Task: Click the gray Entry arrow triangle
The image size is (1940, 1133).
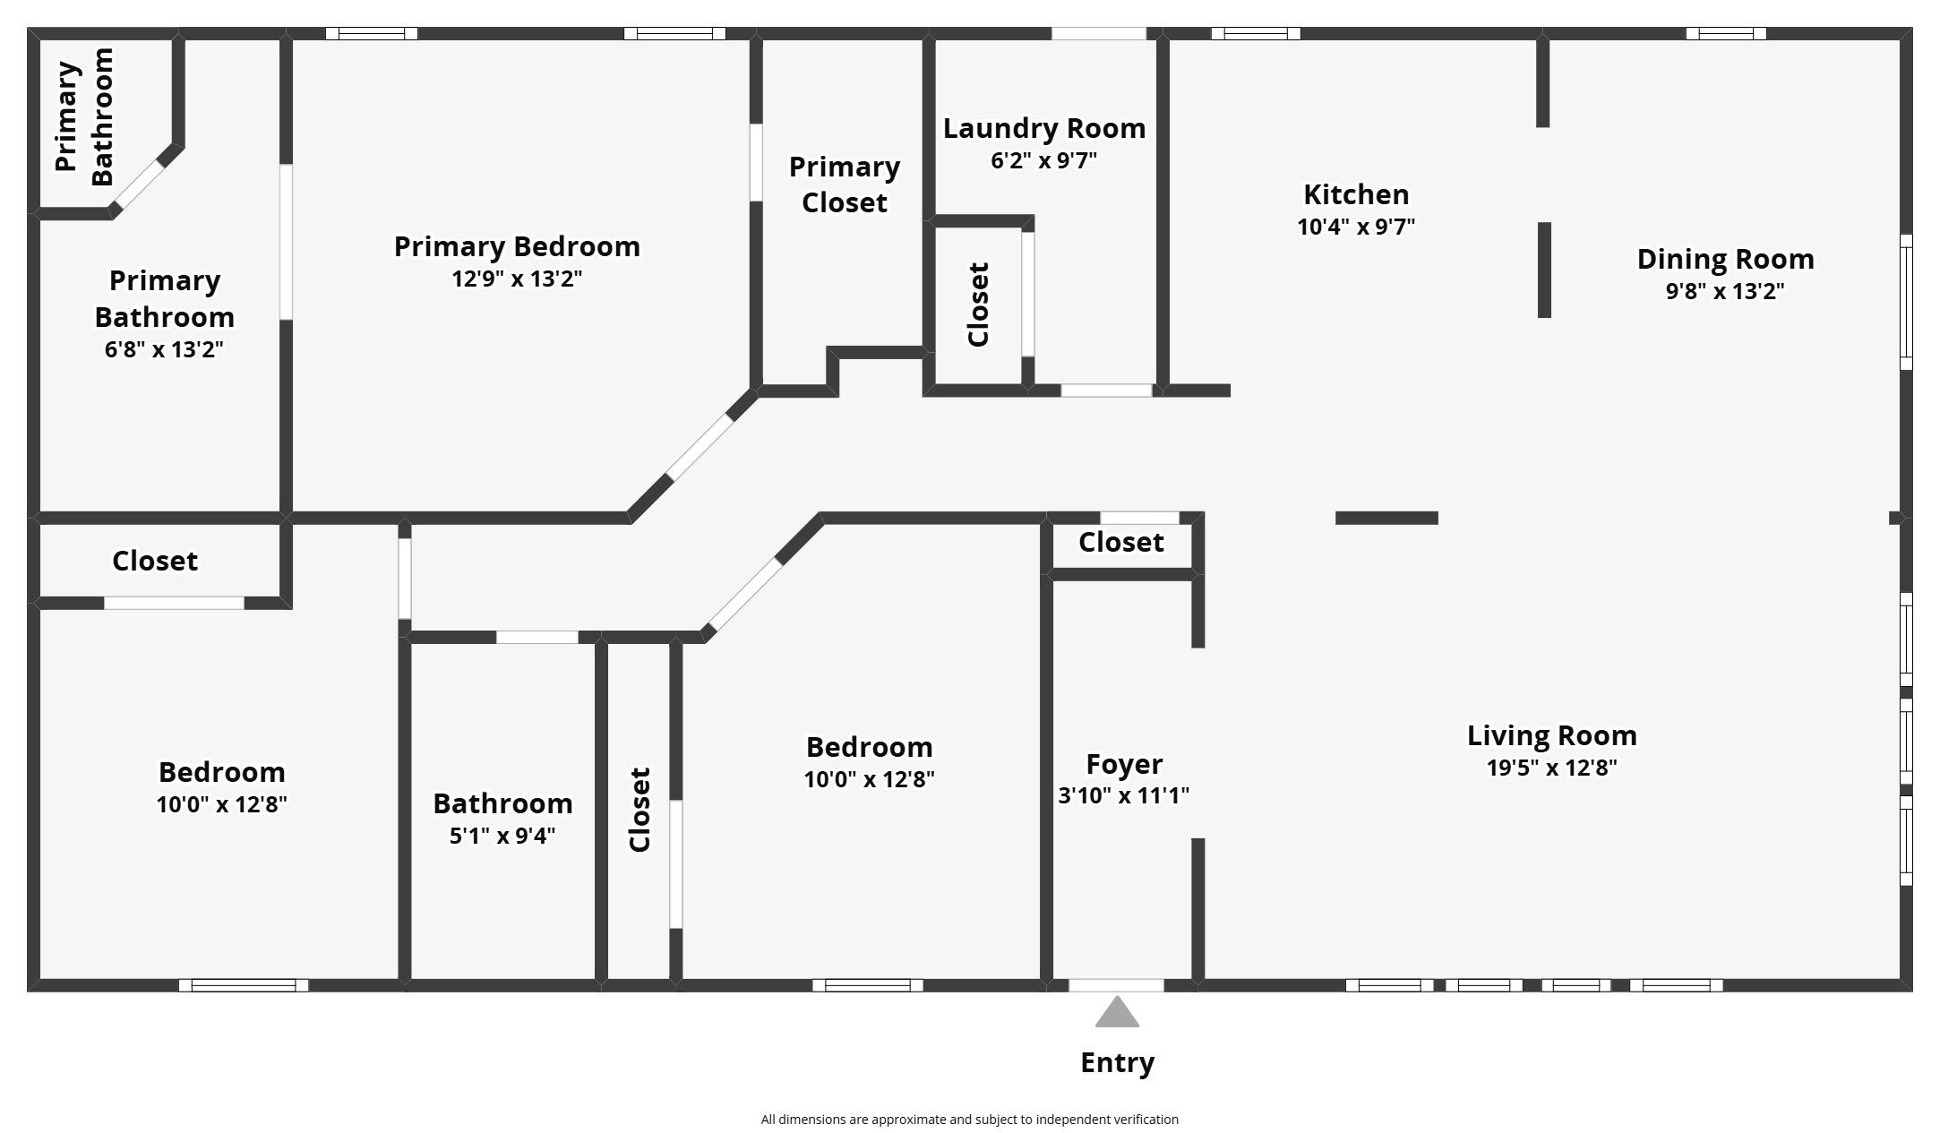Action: click(x=1117, y=1012)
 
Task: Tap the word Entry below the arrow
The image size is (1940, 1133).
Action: click(x=1117, y=1063)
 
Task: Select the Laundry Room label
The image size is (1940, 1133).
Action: click(x=1044, y=128)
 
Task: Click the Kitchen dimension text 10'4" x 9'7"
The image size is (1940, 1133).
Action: click(x=1356, y=227)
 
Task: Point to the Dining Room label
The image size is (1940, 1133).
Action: click(x=1725, y=259)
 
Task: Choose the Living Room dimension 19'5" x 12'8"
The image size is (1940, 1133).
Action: click(x=1551, y=768)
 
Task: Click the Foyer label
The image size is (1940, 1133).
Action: click(x=1124, y=764)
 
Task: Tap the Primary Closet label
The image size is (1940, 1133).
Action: click(x=844, y=185)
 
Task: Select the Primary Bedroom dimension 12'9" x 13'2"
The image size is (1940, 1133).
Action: click(x=517, y=279)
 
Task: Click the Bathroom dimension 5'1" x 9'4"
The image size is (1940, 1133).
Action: click(x=502, y=836)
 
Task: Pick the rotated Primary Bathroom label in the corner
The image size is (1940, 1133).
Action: click(x=84, y=116)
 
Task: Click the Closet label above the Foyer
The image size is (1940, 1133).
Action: click(x=1120, y=542)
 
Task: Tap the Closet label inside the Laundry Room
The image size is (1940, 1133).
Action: click(x=978, y=304)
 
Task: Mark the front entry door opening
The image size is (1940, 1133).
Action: click(x=1116, y=985)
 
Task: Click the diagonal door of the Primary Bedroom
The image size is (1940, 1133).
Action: click(x=700, y=447)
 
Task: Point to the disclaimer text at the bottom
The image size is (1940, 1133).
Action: click(x=970, y=1120)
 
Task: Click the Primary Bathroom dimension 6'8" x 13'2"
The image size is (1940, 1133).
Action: click(x=164, y=349)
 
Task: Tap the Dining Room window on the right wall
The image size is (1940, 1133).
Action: click(x=1906, y=302)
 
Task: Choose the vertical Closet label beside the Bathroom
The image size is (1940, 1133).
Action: click(x=640, y=810)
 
